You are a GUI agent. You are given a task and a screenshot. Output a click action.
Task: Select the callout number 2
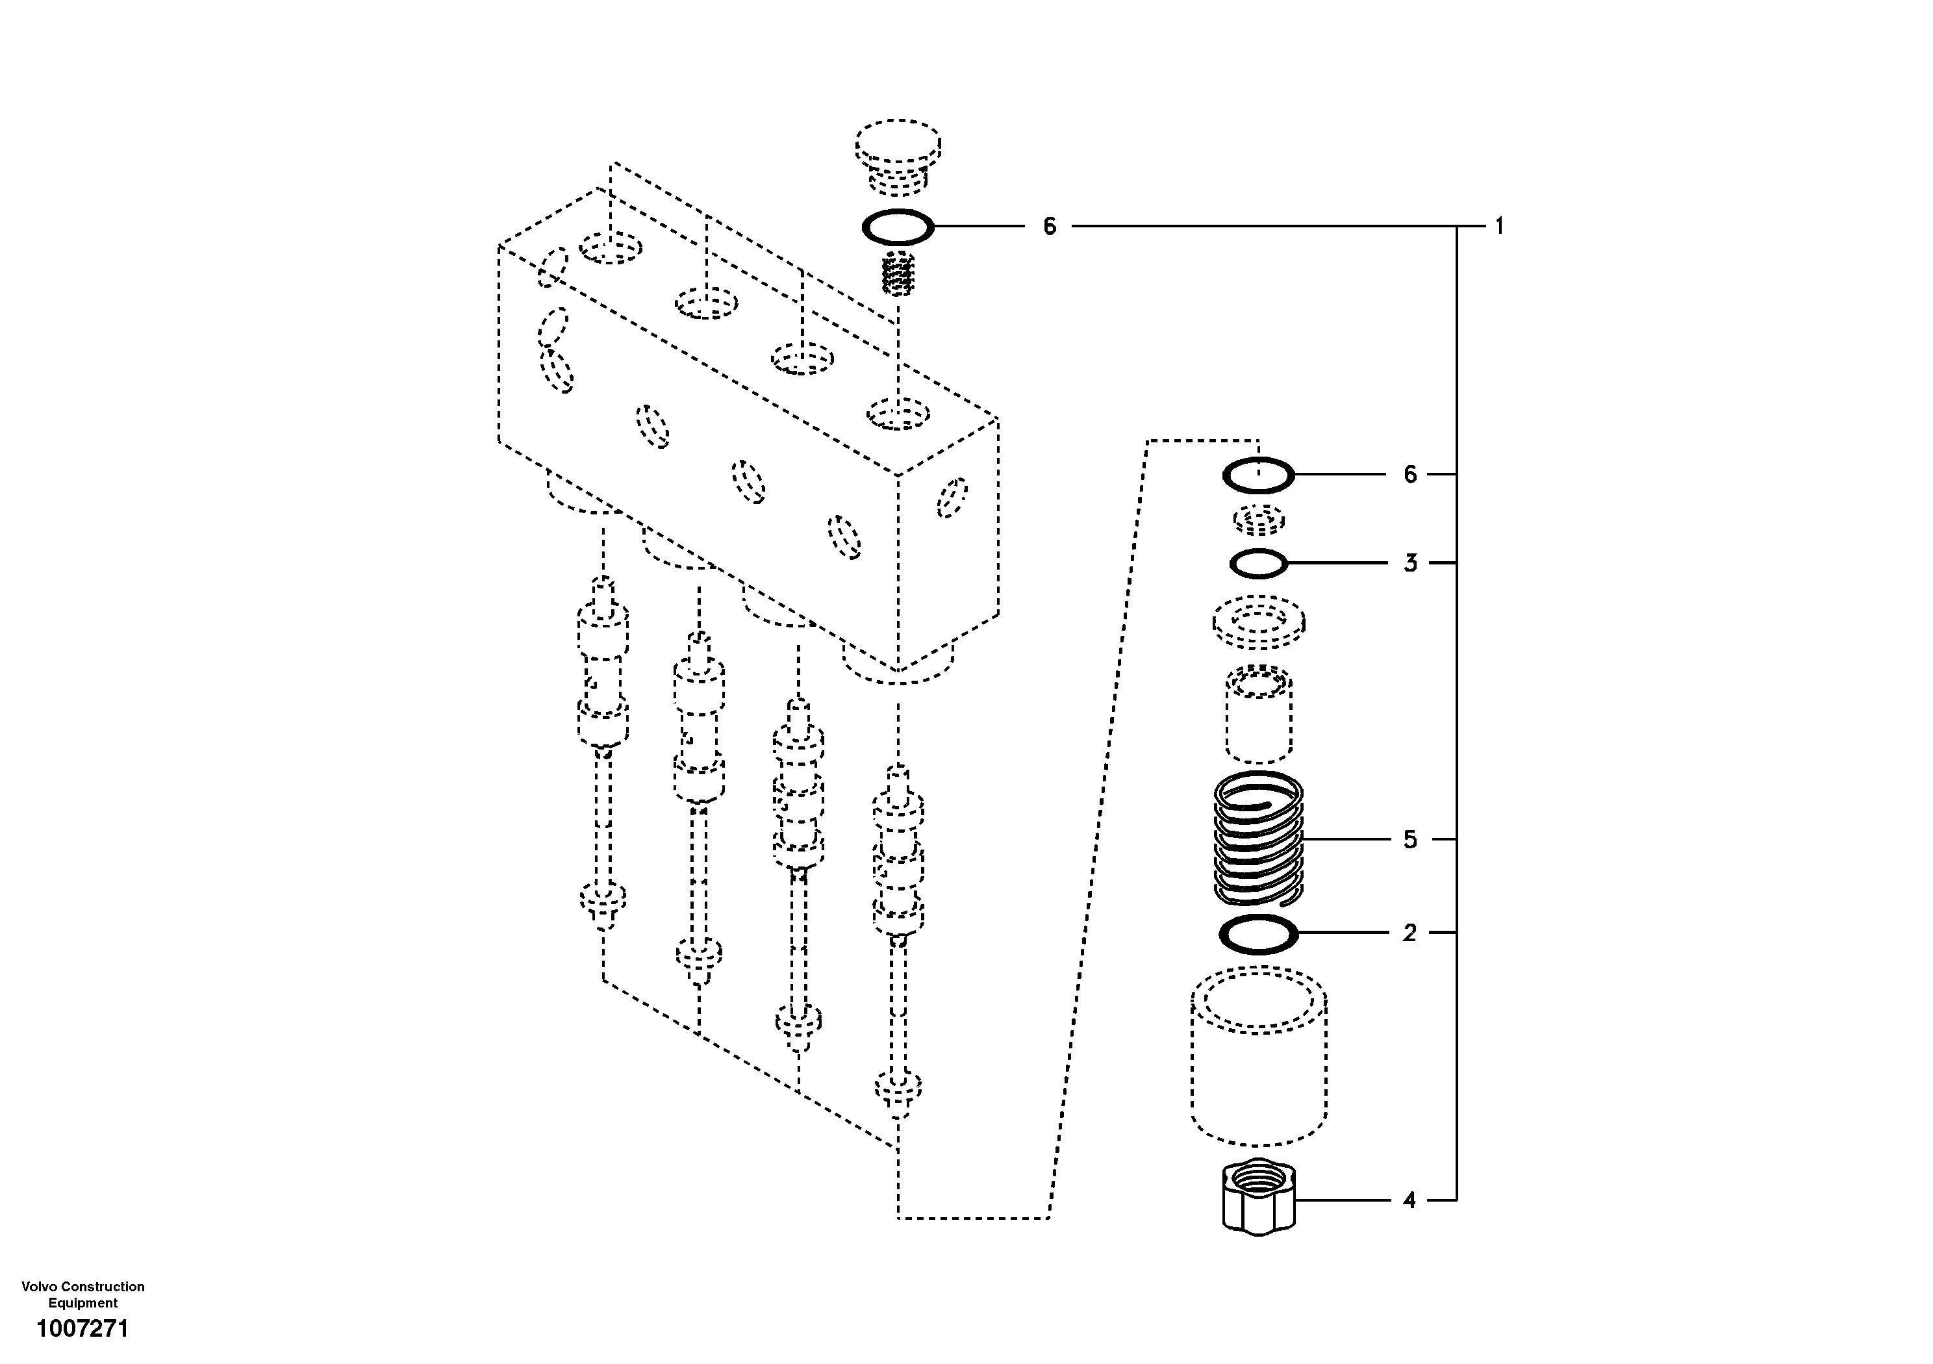1409,933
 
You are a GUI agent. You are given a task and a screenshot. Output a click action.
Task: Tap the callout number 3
1410,563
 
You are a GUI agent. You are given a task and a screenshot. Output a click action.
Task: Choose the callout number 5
1410,839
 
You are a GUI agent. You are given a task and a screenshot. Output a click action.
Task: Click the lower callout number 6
1410,475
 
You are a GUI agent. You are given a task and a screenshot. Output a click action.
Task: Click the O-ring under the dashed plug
898,227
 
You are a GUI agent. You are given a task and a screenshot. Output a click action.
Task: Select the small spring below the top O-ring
898,273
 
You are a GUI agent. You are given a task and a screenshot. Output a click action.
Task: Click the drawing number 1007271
82,1330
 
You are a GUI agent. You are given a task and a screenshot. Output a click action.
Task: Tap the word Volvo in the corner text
38,1287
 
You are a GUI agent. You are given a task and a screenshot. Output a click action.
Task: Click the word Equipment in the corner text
82,1302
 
